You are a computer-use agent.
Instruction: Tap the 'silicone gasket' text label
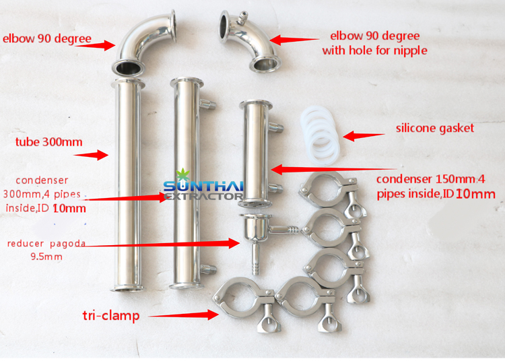tap(434, 127)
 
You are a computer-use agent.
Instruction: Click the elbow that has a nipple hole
tap(249, 40)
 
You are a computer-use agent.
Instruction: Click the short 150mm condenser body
tap(255, 152)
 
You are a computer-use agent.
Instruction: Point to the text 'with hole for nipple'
tap(374, 50)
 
